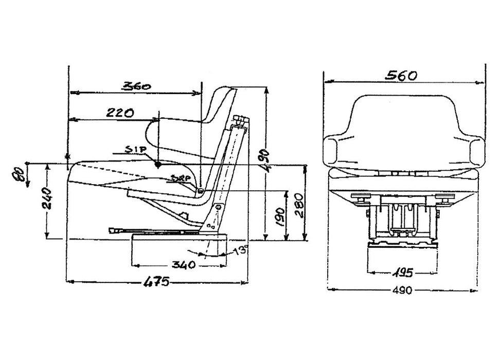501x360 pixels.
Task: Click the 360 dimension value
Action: click(136, 86)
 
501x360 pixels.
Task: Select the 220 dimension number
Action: click(120, 112)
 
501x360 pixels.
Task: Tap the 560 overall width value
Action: click(401, 75)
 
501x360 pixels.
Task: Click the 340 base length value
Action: click(184, 265)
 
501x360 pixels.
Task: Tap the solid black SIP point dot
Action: click(158, 165)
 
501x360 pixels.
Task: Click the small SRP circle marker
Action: click(200, 191)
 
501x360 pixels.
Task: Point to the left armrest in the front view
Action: click(336, 150)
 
